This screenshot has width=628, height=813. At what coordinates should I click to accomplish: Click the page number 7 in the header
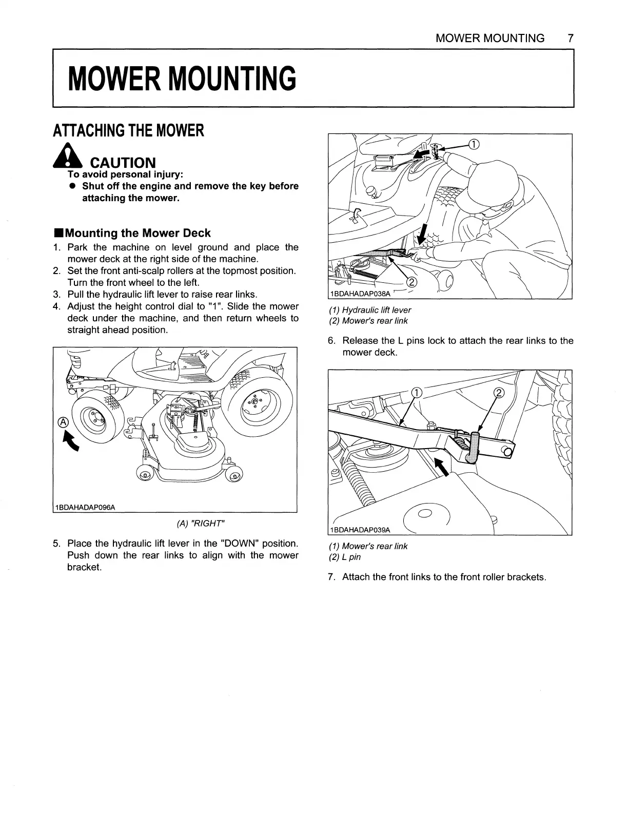point(570,38)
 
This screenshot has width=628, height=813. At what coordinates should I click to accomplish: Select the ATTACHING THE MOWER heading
point(128,131)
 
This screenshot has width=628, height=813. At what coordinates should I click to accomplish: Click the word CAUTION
point(123,163)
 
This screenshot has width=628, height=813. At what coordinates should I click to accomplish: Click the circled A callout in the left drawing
point(63,422)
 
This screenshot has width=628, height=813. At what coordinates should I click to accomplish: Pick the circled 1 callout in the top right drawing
point(474,144)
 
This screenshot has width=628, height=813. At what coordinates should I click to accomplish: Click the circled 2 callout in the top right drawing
point(411,282)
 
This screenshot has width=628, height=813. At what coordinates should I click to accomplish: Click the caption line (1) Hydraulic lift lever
point(370,310)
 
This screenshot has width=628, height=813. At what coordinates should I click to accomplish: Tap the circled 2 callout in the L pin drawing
point(499,393)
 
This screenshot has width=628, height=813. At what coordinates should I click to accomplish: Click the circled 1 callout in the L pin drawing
point(417,393)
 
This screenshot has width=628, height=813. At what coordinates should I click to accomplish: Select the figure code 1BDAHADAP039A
point(360,530)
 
